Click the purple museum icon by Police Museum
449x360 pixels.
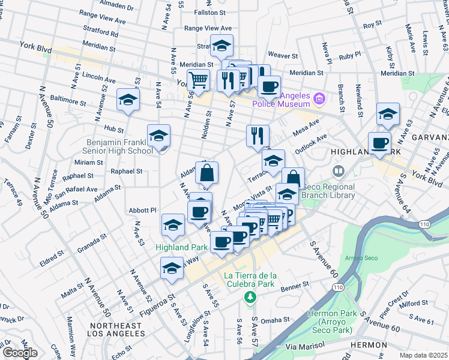pos(319,98)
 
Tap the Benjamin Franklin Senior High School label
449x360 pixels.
pos(119,146)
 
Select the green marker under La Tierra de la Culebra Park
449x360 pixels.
pos(249,296)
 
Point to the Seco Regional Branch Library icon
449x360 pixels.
pos(339,172)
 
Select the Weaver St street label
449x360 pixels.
pos(283,56)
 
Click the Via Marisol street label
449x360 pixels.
pos(305,346)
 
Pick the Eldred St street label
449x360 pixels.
pos(53,254)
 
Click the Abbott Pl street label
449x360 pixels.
pos(143,210)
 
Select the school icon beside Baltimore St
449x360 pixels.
pos(128,101)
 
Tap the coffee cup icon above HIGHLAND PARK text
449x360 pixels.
pos(379,144)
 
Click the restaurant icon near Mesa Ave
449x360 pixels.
pos(258,135)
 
